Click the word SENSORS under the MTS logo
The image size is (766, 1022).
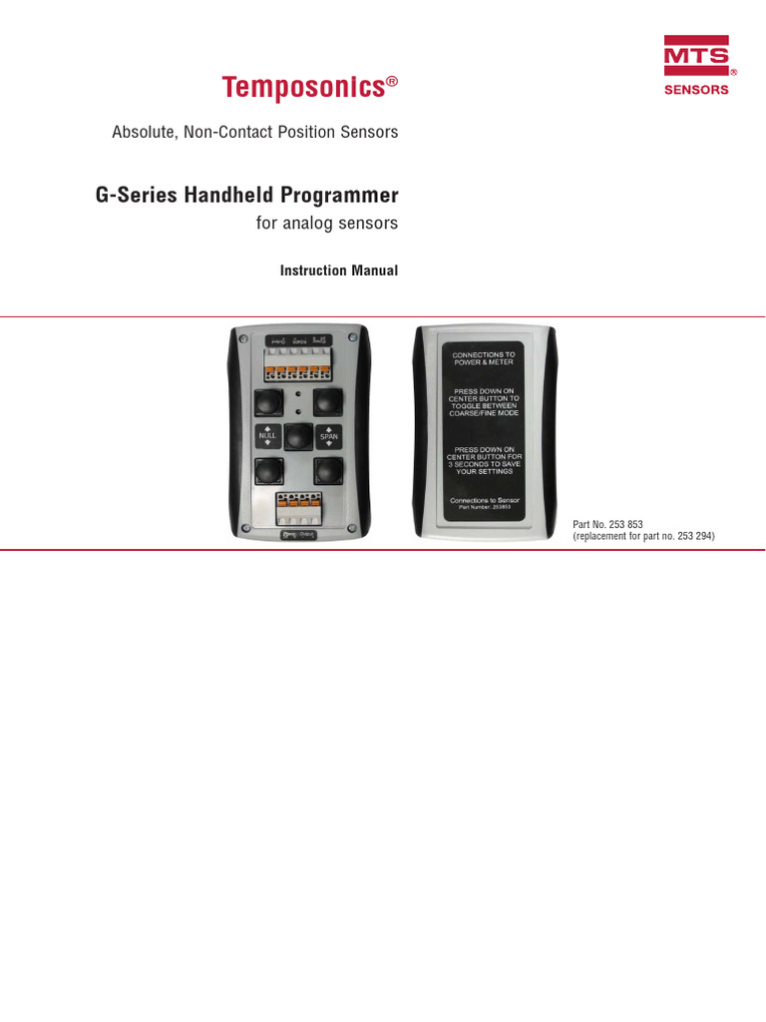(x=696, y=90)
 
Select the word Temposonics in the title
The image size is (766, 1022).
(x=303, y=88)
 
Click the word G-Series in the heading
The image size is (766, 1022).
(x=135, y=195)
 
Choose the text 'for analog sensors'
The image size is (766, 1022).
(x=327, y=224)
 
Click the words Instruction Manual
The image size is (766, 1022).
(x=339, y=270)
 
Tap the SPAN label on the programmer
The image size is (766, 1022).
(x=329, y=437)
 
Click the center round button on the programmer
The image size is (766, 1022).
(x=298, y=437)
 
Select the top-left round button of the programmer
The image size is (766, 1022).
(x=267, y=402)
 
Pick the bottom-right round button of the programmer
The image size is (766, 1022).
(x=329, y=470)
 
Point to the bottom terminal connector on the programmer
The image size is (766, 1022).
(x=298, y=507)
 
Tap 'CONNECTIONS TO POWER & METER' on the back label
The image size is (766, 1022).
(x=484, y=359)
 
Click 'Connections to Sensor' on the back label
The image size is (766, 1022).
(x=484, y=500)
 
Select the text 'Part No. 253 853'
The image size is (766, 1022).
(x=608, y=525)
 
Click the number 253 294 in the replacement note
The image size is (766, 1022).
(x=693, y=537)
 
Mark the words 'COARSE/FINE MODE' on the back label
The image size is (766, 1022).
(x=484, y=413)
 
